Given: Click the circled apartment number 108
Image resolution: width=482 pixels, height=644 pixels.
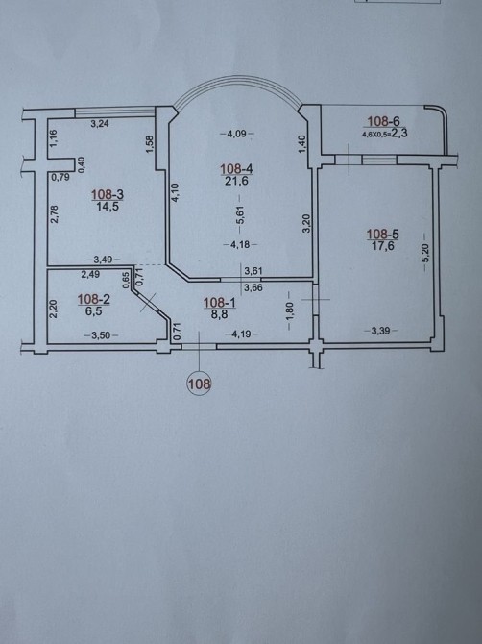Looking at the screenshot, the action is click(199, 384).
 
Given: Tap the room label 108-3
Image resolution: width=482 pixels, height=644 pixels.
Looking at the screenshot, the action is click(108, 194).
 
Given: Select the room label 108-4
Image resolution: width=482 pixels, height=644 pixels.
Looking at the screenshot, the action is click(237, 169).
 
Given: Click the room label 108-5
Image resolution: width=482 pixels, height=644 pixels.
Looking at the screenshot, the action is click(382, 235).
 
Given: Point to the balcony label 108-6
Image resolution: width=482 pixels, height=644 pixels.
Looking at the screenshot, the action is click(383, 121).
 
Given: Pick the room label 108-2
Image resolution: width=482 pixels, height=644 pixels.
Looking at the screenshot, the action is click(93, 300).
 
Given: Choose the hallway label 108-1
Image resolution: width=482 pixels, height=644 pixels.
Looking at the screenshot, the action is click(220, 303).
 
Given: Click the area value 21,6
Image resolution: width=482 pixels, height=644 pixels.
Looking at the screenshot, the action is click(237, 181).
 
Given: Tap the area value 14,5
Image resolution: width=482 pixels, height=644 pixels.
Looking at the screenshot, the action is click(108, 206).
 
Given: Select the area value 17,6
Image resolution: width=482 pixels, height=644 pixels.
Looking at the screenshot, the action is click(381, 246).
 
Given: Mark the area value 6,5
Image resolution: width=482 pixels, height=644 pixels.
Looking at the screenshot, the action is click(94, 311).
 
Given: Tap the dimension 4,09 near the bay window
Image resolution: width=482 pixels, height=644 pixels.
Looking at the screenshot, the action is click(237, 134).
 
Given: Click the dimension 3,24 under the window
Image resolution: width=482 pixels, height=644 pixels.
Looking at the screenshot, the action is click(99, 123).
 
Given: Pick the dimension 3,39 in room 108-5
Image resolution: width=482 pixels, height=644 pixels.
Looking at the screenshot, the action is click(380, 331).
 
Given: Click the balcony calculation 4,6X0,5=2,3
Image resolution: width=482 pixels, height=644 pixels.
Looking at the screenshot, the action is click(384, 133).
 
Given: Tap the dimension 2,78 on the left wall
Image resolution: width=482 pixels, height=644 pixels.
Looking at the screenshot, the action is click(57, 214).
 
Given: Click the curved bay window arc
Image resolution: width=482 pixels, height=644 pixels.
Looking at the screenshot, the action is click(237, 77).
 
